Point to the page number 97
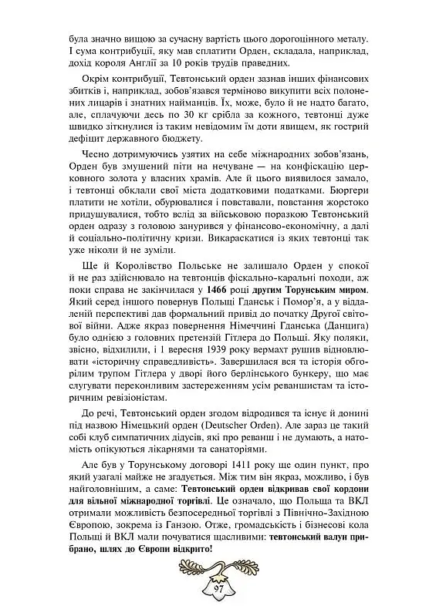click(214, 589)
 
